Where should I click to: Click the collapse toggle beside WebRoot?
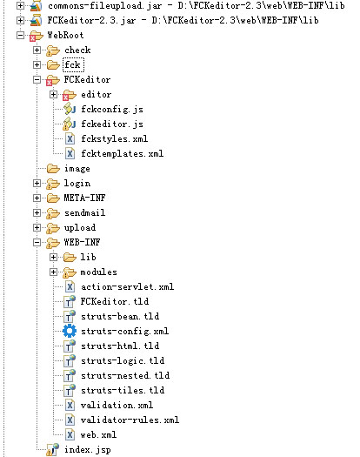click(20, 36)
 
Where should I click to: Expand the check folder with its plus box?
click(37, 50)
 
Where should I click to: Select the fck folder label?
click(73, 64)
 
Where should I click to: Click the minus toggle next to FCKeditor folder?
click(37, 79)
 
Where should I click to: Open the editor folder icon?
click(70, 95)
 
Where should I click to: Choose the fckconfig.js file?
click(112, 110)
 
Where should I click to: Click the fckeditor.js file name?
click(112, 124)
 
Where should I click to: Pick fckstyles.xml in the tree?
click(115, 138)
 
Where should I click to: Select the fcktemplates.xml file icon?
click(70, 153)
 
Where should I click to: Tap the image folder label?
click(77, 169)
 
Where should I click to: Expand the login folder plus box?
click(37, 184)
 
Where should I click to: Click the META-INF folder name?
click(84, 198)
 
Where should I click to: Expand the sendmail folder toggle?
click(37, 212)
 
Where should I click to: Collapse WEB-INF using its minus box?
click(37, 242)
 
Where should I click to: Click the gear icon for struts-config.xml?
click(70, 331)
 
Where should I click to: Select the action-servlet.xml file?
click(128, 286)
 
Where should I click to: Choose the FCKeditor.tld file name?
click(115, 301)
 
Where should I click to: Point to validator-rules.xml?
click(130, 420)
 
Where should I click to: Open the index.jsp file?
click(88, 450)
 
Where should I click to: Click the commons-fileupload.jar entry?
click(104, 5)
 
